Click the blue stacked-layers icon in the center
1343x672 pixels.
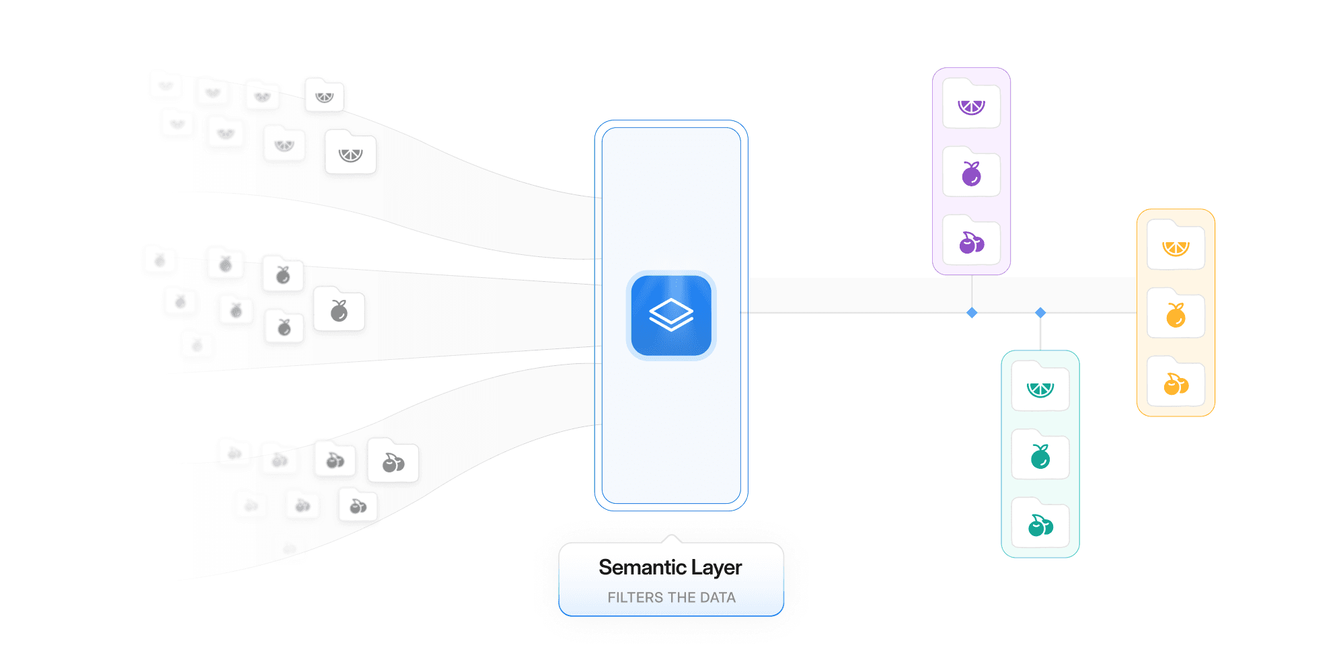pos(670,315)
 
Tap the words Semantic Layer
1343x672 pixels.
pos(670,567)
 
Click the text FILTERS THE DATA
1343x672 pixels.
pos(671,597)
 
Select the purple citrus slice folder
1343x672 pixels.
pos(971,104)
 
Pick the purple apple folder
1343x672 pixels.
pos(971,173)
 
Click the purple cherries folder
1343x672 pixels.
pos(971,241)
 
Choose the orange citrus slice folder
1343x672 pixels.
pos(1176,246)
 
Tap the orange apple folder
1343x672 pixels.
pos(1176,314)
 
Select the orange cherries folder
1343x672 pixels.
pos(1176,383)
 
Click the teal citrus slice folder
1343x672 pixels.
pos(1040,387)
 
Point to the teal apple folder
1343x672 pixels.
pos(1040,455)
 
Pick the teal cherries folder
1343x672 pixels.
pos(1040,524)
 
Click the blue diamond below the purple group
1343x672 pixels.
pos(972,313)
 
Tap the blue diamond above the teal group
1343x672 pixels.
pos(1040,313)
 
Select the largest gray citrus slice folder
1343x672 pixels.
pos(350,153)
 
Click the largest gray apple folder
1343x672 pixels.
pos(339,310)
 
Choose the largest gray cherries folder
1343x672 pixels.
pos(393,461)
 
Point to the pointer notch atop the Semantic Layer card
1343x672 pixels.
pos(670,538)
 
